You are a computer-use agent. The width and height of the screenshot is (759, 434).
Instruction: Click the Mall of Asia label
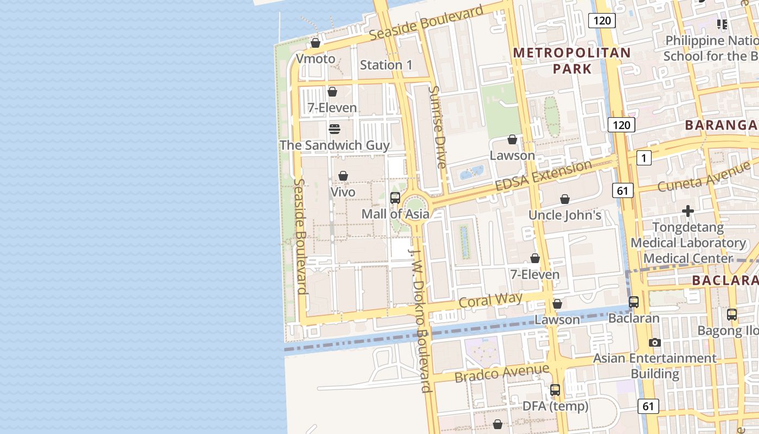(x=395, y=214)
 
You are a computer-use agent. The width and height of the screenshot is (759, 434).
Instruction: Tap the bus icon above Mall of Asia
(x=395, y=197)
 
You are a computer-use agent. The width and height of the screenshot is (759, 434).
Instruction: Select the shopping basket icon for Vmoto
(x=316, y=43)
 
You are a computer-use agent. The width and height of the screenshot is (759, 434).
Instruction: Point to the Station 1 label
(x=386, y=65)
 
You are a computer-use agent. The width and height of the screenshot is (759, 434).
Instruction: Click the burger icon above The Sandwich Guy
(x=335, y=129)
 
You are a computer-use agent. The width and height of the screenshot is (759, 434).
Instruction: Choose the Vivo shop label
(x=343, y=192)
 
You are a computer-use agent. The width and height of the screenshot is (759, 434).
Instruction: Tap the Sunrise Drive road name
(x=438, y=127)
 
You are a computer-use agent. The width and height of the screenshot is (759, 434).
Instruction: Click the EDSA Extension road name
(x=543, y=176)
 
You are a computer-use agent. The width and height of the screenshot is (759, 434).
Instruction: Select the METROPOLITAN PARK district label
(x=572, y=61)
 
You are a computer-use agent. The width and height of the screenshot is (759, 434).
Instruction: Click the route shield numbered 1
(x=644, y=158)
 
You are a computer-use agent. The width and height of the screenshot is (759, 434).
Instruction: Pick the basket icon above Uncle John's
(x=565, y=199)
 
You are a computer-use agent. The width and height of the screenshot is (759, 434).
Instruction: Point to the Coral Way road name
(x=490, y=300)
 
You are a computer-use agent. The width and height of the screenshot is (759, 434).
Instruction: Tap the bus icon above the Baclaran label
(x=634, y=302)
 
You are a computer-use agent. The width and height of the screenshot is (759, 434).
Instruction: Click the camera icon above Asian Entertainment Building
(x=655, y=342)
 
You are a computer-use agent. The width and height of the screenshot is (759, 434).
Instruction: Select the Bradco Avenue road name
(x=501, y=373)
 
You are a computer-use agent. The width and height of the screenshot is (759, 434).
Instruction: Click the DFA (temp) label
(x=555, y=406)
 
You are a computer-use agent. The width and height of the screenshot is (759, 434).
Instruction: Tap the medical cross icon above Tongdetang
(x=688, y=210)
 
